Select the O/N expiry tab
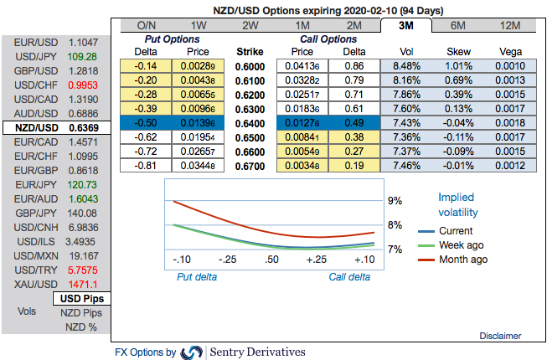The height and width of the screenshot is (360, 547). coord(147,24)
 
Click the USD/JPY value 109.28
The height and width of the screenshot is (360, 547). coord(83,56)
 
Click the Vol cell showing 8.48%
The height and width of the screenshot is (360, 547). coord(405,65)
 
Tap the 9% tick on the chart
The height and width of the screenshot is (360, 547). coord(395,201)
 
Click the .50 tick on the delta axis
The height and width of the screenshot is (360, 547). coord(271,260)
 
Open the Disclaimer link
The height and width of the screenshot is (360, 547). coord(500,336)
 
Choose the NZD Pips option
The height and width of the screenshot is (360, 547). coord(81,312)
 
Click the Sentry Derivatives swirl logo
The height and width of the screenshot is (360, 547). coord(192,352)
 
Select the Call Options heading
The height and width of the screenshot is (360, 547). coord(328,39)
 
